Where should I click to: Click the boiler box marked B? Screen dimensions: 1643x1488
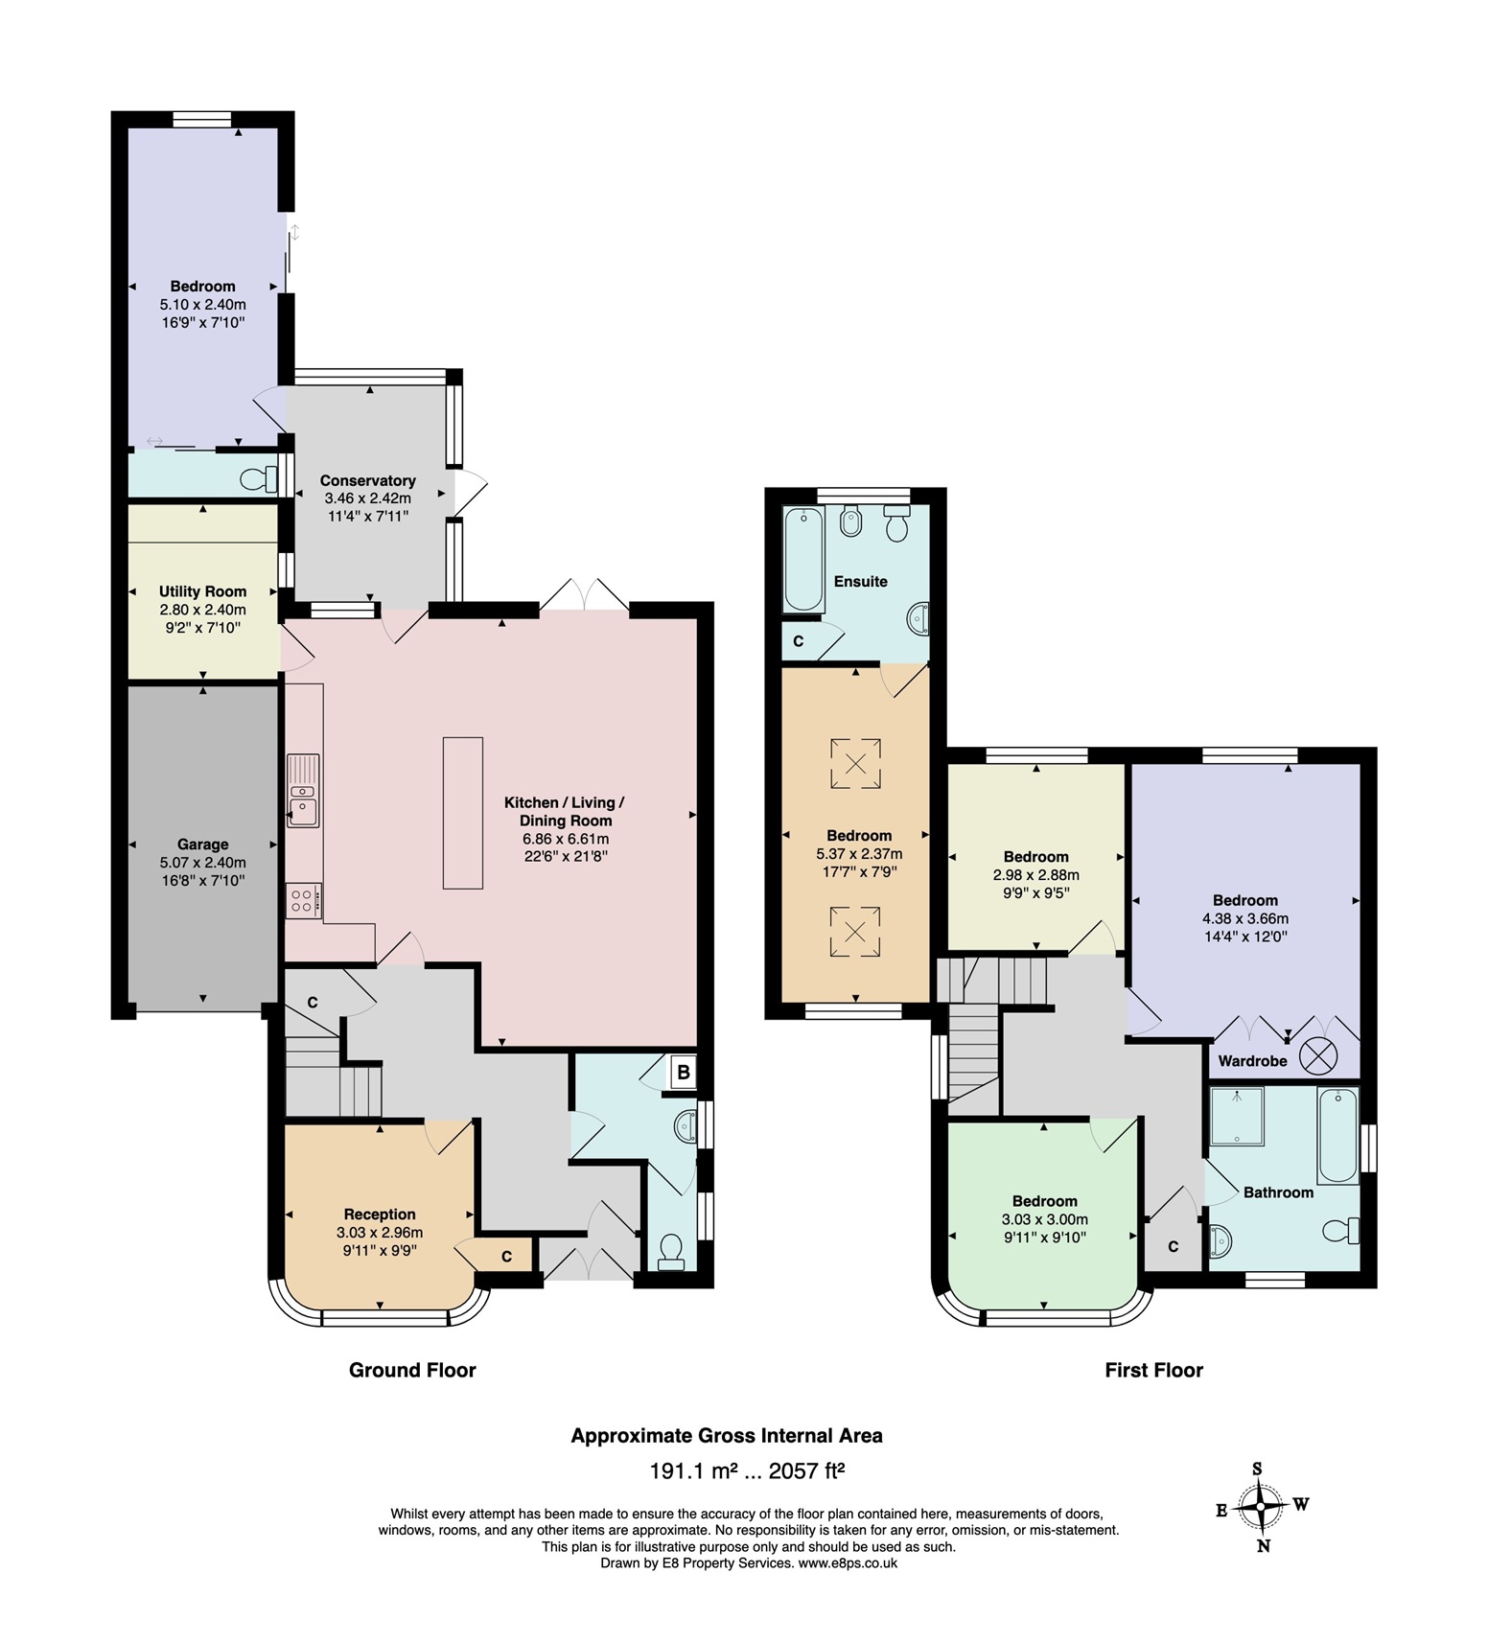(x=683, y=1072)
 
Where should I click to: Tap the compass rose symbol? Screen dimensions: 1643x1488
(x=1260, y=1508)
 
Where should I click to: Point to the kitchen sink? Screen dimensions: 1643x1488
(x=303, y=791)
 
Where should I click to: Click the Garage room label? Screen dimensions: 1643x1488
(x=202, y=845)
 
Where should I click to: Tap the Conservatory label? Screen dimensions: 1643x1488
(x=367, y=480)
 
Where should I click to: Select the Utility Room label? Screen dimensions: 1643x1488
(x=202, y=591)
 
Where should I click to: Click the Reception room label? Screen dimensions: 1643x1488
(x=380, y=1214)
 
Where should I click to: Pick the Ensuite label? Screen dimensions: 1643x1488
(x=860, y=581)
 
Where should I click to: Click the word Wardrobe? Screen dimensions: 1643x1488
(x=1252, y=1061)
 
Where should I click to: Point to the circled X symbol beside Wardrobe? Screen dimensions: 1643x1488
(x=1317, y=1056)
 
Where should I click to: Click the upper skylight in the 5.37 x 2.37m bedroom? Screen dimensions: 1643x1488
(x=855, y=763)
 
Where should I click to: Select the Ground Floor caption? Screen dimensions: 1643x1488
(x=412, y=1370)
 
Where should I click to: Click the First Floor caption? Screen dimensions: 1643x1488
(x=1153, y=1370)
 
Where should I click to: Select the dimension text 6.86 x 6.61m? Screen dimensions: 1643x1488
(x=565, y=839)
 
